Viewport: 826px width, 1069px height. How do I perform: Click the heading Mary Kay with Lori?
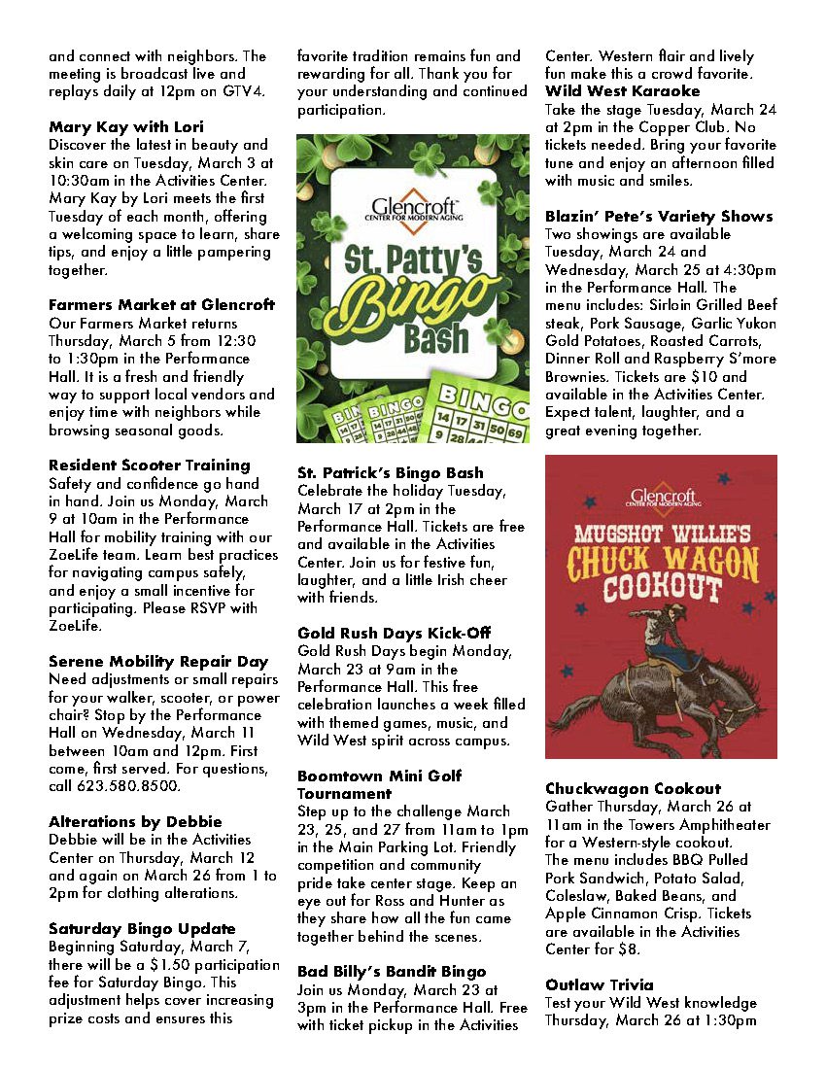126,127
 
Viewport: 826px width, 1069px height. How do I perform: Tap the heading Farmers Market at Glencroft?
161,305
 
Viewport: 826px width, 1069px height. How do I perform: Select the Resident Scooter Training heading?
150,466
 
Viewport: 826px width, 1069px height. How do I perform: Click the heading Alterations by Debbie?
135,822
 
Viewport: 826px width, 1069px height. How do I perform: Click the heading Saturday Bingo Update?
142,929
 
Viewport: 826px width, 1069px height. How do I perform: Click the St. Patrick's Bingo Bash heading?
391,473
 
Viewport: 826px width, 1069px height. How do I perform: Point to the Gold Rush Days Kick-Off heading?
394,633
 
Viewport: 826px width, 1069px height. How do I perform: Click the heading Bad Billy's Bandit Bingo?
392,972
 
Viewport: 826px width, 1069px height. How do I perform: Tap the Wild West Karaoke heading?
623,91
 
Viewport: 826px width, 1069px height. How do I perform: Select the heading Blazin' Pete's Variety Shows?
659,217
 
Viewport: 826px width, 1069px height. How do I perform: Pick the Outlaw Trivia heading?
600,985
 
